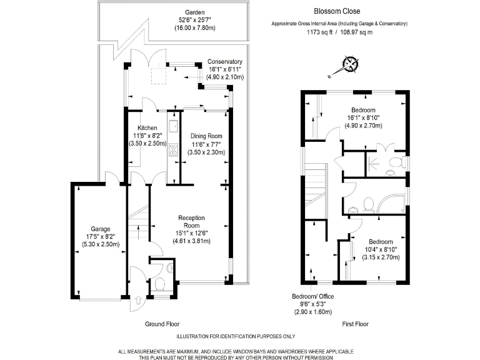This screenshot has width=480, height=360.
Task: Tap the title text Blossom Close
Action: pos(336,11)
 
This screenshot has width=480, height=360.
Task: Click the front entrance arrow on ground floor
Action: pos(136,303)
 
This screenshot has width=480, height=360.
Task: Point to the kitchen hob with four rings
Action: pos(173,151)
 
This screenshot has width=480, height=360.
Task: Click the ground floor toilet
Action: pos(160,287)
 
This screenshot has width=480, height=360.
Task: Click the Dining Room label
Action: pos(206,136)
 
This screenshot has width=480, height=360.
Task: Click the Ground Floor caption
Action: pos(163,324)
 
